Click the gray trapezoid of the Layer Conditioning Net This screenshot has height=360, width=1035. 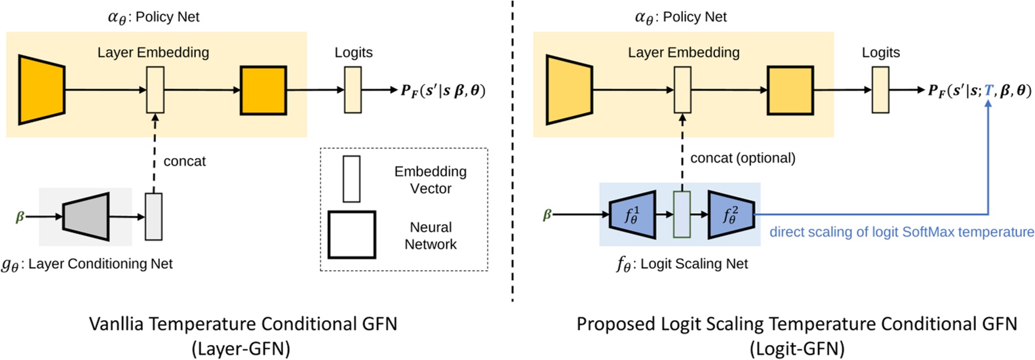coord(86,216)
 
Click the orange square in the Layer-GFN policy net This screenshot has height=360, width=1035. coord(264,90)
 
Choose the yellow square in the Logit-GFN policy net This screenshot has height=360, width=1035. coord(791,90)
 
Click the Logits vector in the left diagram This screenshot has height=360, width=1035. coord(353,90)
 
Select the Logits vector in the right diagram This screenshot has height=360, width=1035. coord(880,90)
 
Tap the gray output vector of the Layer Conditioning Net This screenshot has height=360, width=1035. coord(153,216)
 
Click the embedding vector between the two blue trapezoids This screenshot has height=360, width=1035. coord(682,214)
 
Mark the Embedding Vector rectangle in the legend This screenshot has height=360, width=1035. coord(351,178)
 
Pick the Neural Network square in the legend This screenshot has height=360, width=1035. coord(352,235)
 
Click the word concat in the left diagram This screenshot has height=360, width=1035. coord(184,161)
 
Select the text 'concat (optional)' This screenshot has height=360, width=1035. coord(743,158)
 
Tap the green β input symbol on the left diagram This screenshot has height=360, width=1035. coord(20,216)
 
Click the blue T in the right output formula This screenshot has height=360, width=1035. coord(988,90)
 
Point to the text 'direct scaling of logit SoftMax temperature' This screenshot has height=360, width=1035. coord(901,231)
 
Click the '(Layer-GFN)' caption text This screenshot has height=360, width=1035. coord(241,348)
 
